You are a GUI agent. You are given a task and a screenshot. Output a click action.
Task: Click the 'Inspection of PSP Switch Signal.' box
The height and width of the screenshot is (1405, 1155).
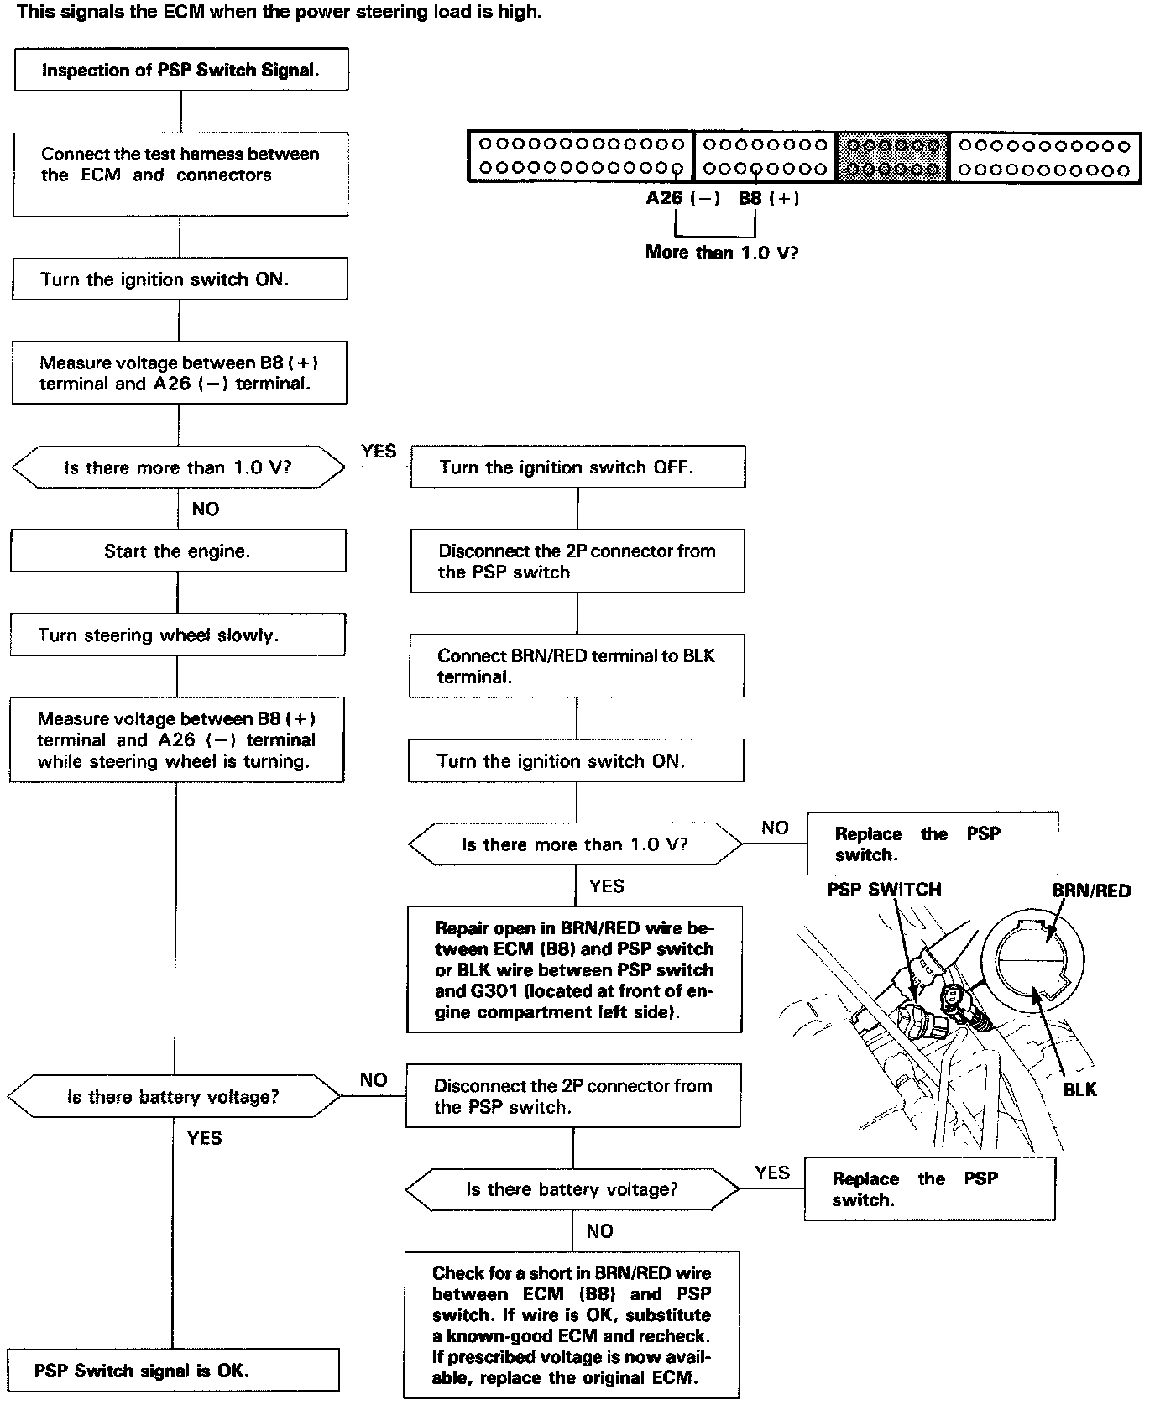[181, 70]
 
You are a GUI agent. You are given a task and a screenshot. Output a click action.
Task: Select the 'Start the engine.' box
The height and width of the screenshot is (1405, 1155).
[178, 551]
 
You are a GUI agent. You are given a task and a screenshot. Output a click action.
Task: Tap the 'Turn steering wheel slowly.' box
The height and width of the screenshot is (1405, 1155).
[177, 635]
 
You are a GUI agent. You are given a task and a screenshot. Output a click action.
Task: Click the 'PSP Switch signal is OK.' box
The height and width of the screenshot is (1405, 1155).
[173, 1370]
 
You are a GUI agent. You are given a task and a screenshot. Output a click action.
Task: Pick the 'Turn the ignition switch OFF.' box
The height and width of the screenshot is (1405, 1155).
[577, 467]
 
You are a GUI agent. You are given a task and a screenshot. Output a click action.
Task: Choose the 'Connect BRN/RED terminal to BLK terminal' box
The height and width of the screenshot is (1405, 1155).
[577, 666]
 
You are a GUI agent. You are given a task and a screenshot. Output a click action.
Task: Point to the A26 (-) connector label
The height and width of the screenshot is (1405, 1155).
[682, 198]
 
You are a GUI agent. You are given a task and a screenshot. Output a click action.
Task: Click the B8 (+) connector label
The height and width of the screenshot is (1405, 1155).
[768, 198]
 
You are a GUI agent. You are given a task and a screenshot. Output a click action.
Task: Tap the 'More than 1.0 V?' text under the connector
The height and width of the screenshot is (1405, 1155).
[721, 252]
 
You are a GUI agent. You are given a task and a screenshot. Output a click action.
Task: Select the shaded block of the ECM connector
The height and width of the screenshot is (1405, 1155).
[893, 157]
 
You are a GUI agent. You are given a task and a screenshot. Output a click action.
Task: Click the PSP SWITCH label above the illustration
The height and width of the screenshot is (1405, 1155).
[884, 890]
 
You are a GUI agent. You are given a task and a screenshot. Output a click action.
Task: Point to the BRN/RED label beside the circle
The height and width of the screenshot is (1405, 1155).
[1091, 891]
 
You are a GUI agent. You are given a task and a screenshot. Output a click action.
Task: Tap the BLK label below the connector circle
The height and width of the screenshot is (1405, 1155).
[1079, 1089]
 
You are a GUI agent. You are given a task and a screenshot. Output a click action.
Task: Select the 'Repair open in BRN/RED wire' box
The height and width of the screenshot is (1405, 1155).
[575, 969]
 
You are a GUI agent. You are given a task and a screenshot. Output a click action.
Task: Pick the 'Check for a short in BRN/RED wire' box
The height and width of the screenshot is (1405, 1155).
[572, 1324]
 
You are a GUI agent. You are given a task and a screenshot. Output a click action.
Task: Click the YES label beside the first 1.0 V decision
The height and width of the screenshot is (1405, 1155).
[379, 452]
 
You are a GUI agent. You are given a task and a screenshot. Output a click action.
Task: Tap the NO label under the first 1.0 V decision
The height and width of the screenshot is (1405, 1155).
[206, 509]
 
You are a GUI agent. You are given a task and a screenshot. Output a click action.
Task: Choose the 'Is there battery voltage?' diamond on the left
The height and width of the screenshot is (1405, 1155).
[174, 1097]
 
